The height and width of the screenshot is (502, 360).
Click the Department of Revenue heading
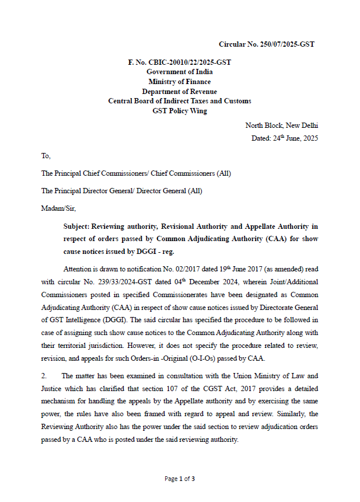pyautogui.click(x=179, y=92)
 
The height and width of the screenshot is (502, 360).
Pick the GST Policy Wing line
pyautogui.click(x=179, y=111)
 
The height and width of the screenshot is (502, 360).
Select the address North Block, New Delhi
pyautogui.click(x=281, y=125)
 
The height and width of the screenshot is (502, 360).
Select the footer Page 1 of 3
pyautogui.click(x=179, y=479)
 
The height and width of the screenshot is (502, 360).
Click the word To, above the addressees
pyautogui.click(x=46, y=156)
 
